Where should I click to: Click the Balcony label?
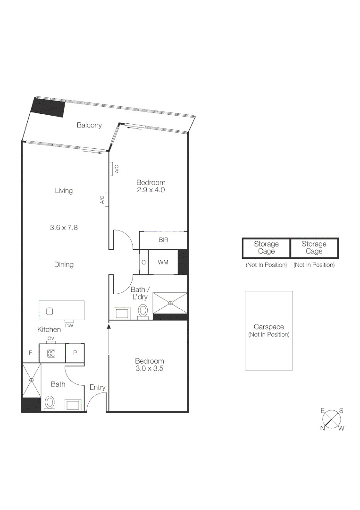89,125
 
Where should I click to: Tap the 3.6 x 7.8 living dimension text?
64,227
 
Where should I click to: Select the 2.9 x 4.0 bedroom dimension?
151,190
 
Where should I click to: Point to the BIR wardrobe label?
163,240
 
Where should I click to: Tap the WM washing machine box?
163,262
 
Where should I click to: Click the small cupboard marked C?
143,262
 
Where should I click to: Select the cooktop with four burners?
51,353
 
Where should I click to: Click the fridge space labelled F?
30,353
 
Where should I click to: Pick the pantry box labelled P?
75,353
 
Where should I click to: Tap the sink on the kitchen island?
50,311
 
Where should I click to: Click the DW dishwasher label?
69,325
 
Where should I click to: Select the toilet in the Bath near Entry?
50,403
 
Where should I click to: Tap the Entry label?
97,387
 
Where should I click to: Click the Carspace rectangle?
268,330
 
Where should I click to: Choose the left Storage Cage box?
266,247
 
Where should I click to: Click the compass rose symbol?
333,419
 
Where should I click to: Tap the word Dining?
64,264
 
